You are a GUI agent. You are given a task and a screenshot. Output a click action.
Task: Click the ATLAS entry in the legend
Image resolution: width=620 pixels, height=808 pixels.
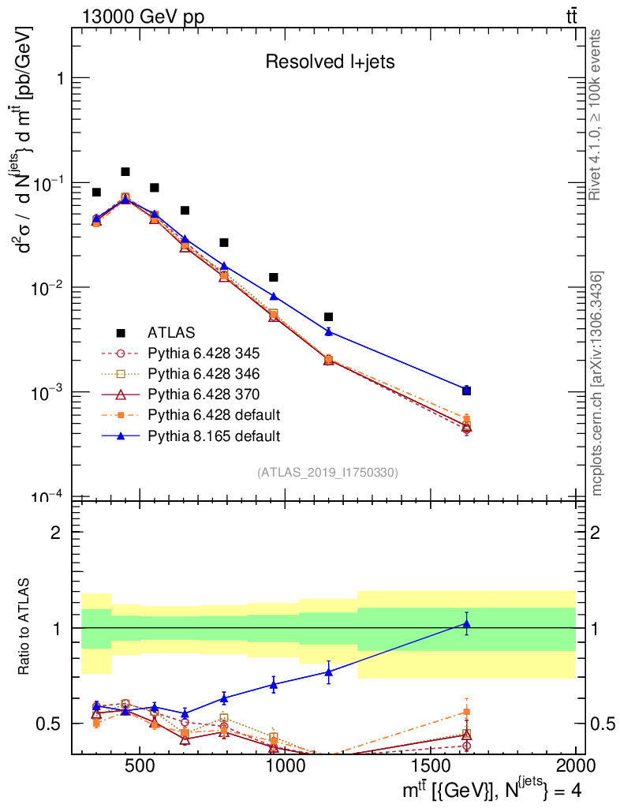click(x=170, y=331)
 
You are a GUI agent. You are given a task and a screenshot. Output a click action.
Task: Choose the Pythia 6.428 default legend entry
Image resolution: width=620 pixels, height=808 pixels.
click(x=214, y=414)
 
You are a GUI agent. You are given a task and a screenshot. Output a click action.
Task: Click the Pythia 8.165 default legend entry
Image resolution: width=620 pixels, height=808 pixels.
click(x=214, y=435)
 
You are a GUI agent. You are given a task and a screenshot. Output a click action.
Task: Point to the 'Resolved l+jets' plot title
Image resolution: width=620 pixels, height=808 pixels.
click(x=329, y=62)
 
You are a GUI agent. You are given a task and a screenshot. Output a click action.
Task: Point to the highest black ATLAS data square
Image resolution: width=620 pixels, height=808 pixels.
click(x=125, y=172)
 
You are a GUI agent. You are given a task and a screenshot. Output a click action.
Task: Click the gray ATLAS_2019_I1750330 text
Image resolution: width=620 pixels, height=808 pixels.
click(x=327, y=473)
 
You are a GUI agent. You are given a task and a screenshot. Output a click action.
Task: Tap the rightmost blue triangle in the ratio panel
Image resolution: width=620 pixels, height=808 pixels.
click(x=467, y=624)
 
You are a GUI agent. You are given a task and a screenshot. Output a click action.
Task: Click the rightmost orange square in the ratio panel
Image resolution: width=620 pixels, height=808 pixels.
click(x=467, y=712)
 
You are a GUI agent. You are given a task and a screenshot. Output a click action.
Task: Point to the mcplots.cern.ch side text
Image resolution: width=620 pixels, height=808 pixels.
click(x=597, y=383)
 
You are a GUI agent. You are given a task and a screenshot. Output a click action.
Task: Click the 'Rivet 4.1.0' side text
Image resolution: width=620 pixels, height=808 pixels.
click(x=597, y=115)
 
